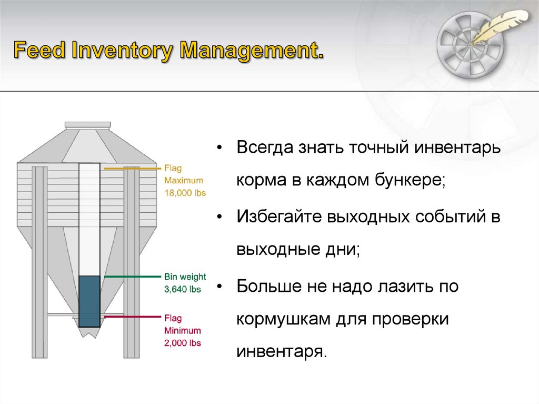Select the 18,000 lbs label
(x=185, y=193)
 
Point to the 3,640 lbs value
(x=182, y=289)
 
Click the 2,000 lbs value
(x=182, y=343)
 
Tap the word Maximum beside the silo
(x=183, y=181)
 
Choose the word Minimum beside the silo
(x=182, y=331)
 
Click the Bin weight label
(x=185, y=277)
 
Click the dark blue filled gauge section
(x=89, y=301)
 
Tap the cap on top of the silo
(x=87, y=125)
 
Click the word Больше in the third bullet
(x=266, y=287)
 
